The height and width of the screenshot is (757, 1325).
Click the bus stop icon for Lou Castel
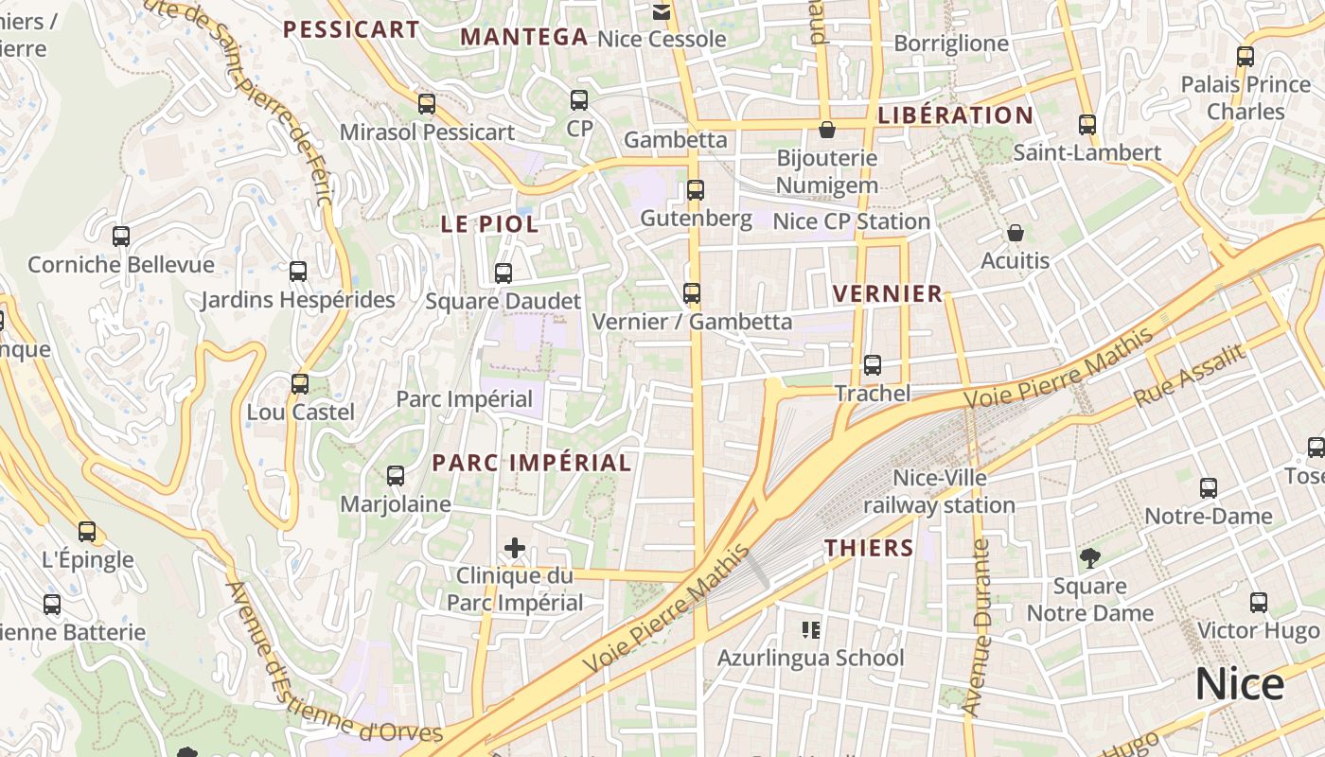[300, 384]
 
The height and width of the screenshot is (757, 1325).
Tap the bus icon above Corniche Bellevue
[121, 237]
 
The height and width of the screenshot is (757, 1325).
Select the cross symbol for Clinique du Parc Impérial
[515, 548]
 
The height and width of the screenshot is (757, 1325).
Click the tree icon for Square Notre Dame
[1090, 558]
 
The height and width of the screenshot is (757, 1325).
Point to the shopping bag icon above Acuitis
[1016, 233]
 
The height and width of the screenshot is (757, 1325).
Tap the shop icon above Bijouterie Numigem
[827, 130]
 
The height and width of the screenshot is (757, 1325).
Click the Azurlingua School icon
[810, 629]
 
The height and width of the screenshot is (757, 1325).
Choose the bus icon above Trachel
[873, 365]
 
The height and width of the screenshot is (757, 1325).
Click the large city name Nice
[1240, 684]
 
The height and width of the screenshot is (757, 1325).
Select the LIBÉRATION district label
[956, 115]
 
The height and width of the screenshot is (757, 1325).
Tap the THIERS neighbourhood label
[869, 548]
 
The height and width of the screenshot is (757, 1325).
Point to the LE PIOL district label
[489, 224]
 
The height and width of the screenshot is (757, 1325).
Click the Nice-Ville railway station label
[939, 492]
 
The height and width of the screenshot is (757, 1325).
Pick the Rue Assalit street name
[1190, 376]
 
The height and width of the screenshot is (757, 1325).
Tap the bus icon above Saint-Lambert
[1087, 125]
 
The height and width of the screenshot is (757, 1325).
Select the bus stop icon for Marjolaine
[396, 476]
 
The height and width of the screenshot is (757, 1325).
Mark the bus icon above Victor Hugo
[1259, 603]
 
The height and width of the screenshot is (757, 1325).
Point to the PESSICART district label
[351, 29]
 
